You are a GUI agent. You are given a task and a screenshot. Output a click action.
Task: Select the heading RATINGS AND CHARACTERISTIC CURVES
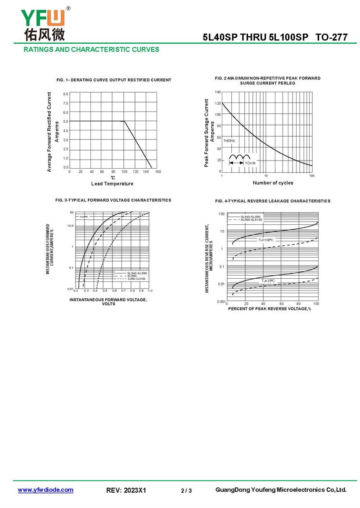(91, 49)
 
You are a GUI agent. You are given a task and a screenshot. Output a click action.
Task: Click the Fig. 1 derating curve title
(114, 80)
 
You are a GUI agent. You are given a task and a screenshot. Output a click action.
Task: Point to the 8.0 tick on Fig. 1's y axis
(66, 94)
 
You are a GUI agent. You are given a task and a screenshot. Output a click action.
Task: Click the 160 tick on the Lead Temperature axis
(157, 172)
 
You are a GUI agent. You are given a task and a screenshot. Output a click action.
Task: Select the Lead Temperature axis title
(112, 183)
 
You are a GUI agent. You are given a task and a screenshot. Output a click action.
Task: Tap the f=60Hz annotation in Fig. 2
(229, 141)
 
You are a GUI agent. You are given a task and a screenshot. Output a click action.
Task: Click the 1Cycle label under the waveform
(250, 162)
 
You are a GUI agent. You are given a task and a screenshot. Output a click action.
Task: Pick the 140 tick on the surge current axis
(218, 92)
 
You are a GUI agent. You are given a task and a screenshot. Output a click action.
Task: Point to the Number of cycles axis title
(273, 183)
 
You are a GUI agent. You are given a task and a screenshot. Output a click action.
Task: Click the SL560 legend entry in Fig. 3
(132, 276)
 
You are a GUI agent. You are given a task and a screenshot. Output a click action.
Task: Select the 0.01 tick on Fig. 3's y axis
(70, 289)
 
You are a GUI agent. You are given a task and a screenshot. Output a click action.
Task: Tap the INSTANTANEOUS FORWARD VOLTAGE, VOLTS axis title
(108, 302)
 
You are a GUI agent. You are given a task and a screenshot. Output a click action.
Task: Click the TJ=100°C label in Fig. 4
(265, 240)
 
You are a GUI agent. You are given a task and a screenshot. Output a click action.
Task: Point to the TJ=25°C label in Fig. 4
(268, 281)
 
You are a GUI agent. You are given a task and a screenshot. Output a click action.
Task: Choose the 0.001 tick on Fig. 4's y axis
(221, 302)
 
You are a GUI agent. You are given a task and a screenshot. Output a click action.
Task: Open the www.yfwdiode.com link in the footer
(45, 490)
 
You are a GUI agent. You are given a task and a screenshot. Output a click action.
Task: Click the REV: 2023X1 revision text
(126, 490)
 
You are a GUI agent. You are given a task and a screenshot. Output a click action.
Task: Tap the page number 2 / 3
(186, 490)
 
